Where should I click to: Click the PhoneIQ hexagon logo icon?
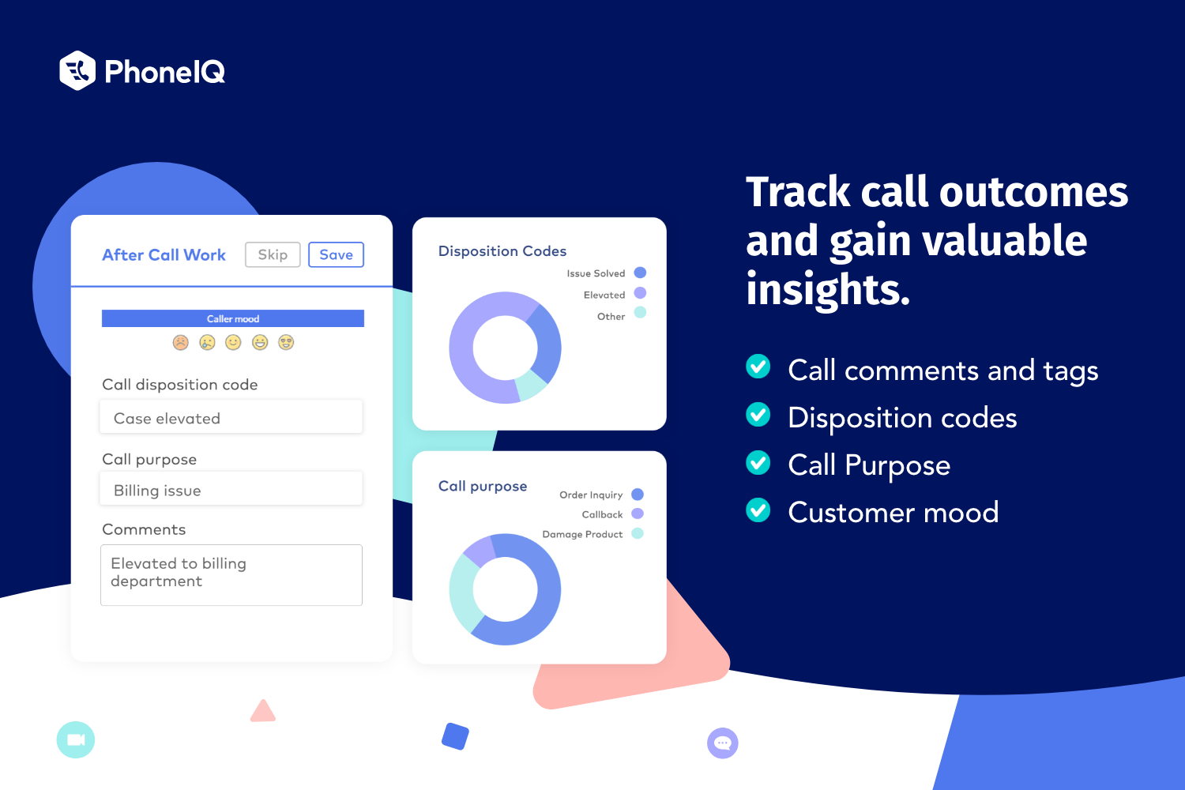point(77,71)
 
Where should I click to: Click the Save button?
point(336,254)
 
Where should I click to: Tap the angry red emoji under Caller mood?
point(181,342)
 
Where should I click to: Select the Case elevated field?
point(231,417)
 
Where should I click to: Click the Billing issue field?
point(231,489)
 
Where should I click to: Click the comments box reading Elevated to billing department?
point(231,574)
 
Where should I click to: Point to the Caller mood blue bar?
point(233,318)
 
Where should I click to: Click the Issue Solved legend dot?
point(640,273)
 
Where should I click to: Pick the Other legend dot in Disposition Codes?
point(640,313)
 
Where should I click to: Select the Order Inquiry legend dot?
point(638,495)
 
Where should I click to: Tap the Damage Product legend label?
point(582,535)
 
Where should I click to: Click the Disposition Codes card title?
point(502,251)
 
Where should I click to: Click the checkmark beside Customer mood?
point(758,510)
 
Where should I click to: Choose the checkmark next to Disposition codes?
point(758,415)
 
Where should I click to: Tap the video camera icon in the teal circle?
point(76,740)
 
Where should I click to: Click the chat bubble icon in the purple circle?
point(722,743)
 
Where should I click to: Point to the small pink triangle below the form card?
point(263,712)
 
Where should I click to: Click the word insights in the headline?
point(827,289)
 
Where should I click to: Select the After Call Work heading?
point(164,255)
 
